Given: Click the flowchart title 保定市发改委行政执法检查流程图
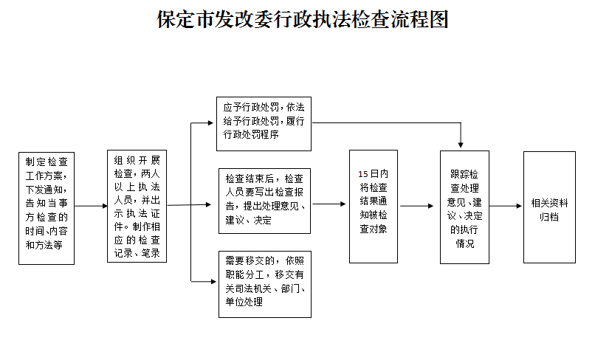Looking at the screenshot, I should (303, 19).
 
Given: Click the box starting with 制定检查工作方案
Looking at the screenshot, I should (47, 207).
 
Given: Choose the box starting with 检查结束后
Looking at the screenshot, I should (265, 200).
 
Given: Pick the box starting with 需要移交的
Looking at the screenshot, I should (265, 284).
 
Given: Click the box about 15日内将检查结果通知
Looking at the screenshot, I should (374, 207).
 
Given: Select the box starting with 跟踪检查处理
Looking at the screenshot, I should (464, 207).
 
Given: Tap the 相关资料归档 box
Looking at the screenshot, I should (548, 207).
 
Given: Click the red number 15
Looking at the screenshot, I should (362, 173).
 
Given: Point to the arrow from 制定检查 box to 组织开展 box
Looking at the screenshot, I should (91, 207).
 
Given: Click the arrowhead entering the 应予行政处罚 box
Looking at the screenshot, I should (213, 122).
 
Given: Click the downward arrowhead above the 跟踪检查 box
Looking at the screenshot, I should (461, 145).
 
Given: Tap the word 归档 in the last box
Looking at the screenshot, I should (548, 218).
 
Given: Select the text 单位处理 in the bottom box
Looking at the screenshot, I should (244, 302).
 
